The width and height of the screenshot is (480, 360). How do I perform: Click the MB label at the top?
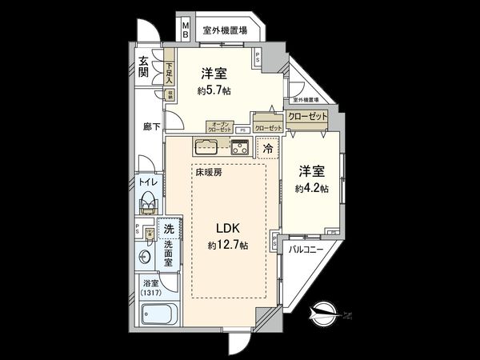pos(185,30)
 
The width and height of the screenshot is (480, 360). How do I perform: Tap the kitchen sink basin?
pos(205,146)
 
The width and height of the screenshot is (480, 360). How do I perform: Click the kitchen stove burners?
pos(241,146)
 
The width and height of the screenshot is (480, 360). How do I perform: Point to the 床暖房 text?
pos(206,171)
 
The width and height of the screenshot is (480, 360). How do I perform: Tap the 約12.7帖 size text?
pos(226,245)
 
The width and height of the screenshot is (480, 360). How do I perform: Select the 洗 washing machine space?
pos(168,229)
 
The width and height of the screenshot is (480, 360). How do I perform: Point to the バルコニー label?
pos(306,249)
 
